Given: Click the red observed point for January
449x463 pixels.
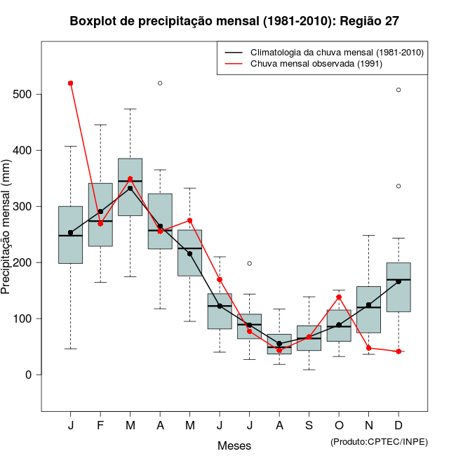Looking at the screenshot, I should pos(71,83).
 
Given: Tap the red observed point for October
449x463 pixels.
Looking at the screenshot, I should pos(339,297).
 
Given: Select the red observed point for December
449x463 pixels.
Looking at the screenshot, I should pos(398,351).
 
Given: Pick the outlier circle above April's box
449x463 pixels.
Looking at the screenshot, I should pos(160,83).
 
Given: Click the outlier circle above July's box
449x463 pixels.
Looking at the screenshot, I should pos(249,263).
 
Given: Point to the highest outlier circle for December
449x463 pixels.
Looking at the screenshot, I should pos(398,90).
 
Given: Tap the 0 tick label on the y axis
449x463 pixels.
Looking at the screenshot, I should pos(29,375).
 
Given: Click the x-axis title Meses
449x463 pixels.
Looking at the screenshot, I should pos(234,445).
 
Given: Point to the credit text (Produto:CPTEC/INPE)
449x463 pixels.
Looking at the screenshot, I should pos(379,441).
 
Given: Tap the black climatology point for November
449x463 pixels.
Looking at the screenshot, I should pos(368,305).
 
